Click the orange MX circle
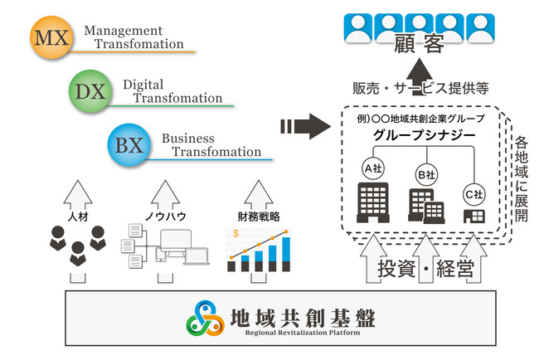click(x=54, y=38)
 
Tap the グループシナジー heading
click(x=424, y=136)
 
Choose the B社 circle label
click(x=425, y=175)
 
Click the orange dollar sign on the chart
click(x=236, y=234)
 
